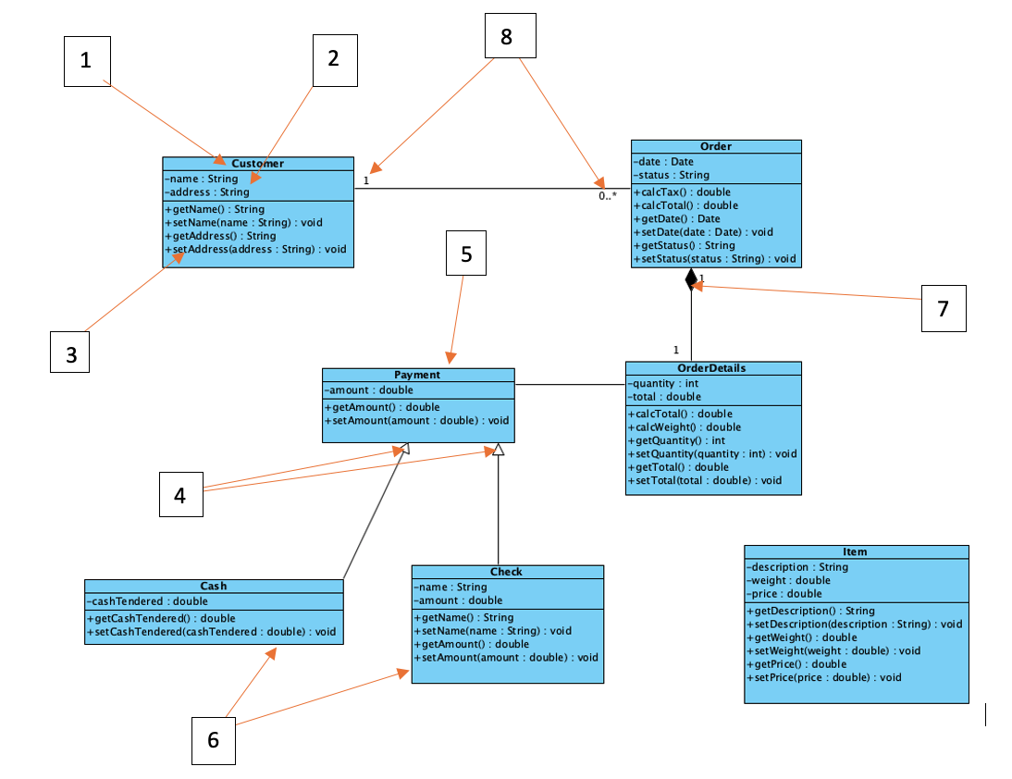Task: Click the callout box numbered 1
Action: (x=87, y=62)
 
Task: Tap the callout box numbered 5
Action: (x=466, y=253)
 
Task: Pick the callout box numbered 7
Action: (x=944, y=309)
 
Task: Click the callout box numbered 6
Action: (x=214, y=741)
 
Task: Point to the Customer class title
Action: (x=257, y=164)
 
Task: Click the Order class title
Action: (x=715, y=146)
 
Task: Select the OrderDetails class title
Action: (x=712, y=367)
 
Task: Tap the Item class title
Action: (x=855, y=551)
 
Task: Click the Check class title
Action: (x=506, y=572)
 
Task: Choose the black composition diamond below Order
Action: (x=690, y=278)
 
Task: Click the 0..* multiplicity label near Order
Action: (x=607, y=196)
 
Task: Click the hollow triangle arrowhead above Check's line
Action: (x=498, y=450)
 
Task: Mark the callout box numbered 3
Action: (x=70, y=353)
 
